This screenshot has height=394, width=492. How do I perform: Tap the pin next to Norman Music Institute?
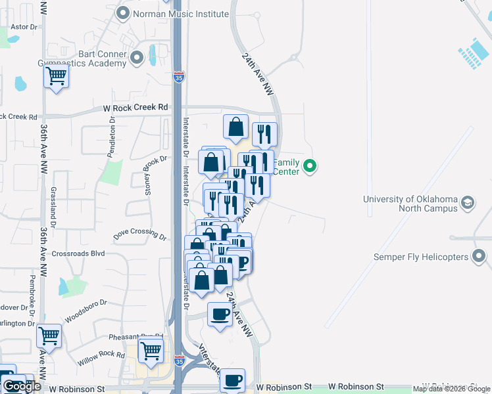point(122,12)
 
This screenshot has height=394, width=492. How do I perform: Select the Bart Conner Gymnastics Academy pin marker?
point(137,58)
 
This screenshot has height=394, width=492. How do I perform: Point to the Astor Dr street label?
point(22,27)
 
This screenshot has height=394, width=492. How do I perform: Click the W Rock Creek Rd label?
point(135,107)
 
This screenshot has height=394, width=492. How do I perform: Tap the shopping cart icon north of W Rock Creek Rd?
point(57,77)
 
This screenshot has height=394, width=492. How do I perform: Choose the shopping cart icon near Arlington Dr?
point(49,336)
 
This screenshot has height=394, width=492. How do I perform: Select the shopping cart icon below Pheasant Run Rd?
point(151,351)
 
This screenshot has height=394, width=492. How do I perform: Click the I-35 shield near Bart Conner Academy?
point(179,77)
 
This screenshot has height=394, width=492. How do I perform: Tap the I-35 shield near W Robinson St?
point(179,361)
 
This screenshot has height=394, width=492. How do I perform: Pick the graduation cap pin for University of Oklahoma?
point(468,201)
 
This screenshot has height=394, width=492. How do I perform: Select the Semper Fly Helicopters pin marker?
point(479,256)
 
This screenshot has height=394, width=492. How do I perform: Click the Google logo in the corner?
point(21,386)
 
